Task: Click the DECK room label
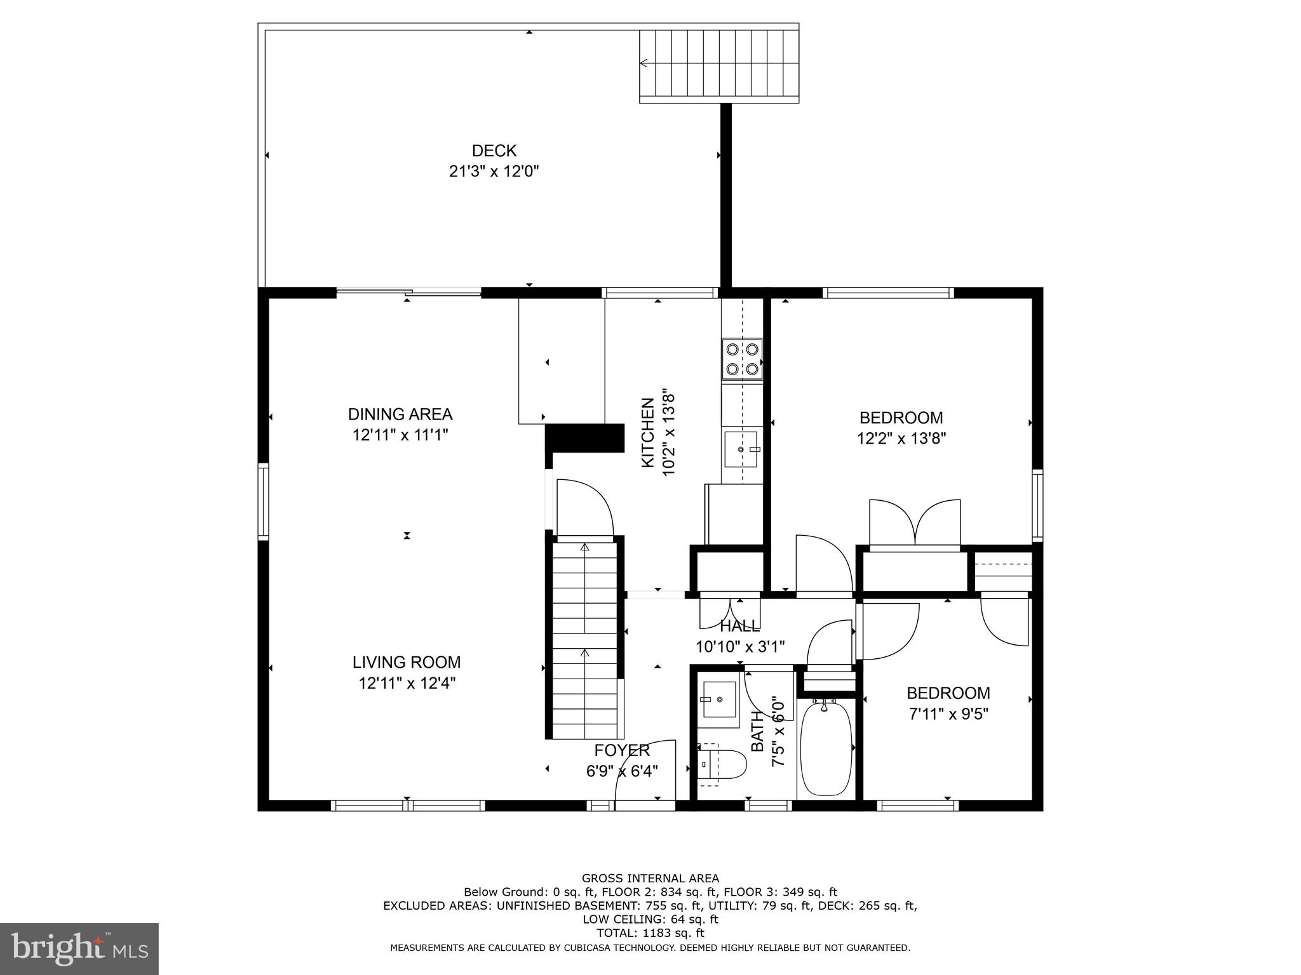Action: [494, 150]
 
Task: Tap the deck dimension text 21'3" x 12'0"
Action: [494, 171]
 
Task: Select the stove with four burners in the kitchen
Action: [742, 359]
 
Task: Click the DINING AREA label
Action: [400, 415]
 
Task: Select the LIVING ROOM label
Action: [407, 662]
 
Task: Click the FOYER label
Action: [621, 750]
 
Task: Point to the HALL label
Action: [739, 627]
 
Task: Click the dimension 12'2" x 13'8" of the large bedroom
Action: [901, 439]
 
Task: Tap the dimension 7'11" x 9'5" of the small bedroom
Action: [948, 714]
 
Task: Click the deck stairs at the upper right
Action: [718, 63]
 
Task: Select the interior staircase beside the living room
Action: [584, 638]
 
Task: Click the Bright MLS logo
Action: [79, 948]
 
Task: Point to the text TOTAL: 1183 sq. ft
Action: [650, 933]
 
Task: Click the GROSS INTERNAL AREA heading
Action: [650, 879]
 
